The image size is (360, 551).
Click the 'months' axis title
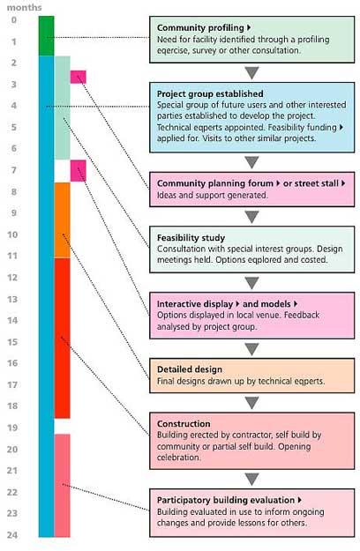pos(24,7)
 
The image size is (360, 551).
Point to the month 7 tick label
pos(14,170)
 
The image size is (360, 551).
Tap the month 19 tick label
pos(12,428)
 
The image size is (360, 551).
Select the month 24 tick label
pos(12,535)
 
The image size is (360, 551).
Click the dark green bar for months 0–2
pos(47,36)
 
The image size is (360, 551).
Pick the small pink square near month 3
pos(78,77)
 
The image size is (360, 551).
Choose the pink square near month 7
pos(78,171)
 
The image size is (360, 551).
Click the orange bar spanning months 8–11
pos(63,220)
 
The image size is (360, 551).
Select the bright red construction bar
pos(63,339)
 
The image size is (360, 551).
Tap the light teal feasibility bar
pos(63,108)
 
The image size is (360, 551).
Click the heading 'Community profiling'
pos(200,27)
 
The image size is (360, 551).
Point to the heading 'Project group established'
pos(210,93)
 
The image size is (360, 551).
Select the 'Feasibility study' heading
pos(191,238)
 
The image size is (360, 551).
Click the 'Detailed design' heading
pos(190,369)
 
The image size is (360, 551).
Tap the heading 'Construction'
pos(184,424)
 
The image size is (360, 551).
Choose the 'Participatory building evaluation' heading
pos(226,500)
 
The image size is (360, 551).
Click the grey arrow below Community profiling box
pos(252,73)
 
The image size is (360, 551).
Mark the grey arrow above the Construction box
pos(252,403)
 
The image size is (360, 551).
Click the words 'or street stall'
pos(311,183)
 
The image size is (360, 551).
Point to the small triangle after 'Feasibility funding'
pos(341,127)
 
